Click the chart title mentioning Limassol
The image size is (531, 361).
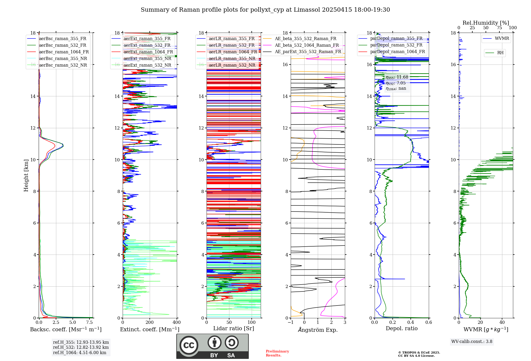click(265, 10)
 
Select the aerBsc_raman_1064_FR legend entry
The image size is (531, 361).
click(64, 52)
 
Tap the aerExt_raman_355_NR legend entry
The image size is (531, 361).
click(147, 59)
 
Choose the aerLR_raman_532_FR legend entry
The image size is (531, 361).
click(232, 45)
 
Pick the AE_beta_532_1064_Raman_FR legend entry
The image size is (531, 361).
click(307, 45)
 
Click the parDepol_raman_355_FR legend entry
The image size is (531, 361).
click(396, 38)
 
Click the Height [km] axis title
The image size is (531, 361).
click(26, 175)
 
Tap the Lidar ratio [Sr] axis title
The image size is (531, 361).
click(234, 328)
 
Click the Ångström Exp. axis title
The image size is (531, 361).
click(318, 330)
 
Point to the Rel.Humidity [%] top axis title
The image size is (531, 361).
click(486, 23)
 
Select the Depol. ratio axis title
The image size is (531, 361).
click(401, 328)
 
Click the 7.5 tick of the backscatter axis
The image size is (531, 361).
click(89, 323)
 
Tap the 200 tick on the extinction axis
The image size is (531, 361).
click(149, 323)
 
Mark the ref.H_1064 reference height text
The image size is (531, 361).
click(80, 353)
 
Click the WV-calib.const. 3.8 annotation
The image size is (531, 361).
click(472, 342)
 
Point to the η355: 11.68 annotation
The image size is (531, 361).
click(397, 77)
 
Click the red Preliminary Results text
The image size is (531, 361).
click(277, 353)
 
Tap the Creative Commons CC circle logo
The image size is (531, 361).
click(189, 345)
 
